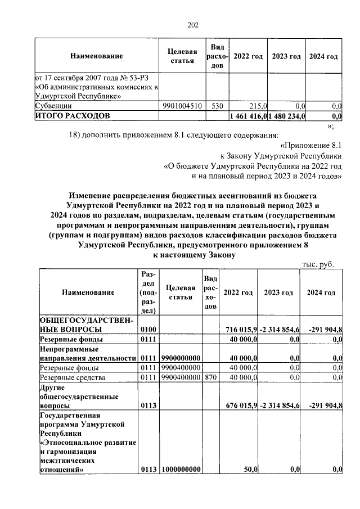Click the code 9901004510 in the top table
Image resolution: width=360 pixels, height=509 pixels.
click(x=182, y=105)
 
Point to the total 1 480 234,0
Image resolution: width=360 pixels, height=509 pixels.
click(x=287, y=116)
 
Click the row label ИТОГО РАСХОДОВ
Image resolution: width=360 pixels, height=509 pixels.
click(x=73, y=116)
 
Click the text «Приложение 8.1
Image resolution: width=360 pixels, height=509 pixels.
click(x=315, y=144)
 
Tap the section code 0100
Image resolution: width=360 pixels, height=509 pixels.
click(x=148, y=329)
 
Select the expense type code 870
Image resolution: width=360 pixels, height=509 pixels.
click(x=210, y=377)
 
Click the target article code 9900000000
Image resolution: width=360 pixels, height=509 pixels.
click(x=181, y=358)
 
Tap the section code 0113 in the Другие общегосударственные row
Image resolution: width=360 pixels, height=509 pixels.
click(x=148, y=405)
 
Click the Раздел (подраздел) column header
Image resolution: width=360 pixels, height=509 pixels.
click(x=148, y=292)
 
